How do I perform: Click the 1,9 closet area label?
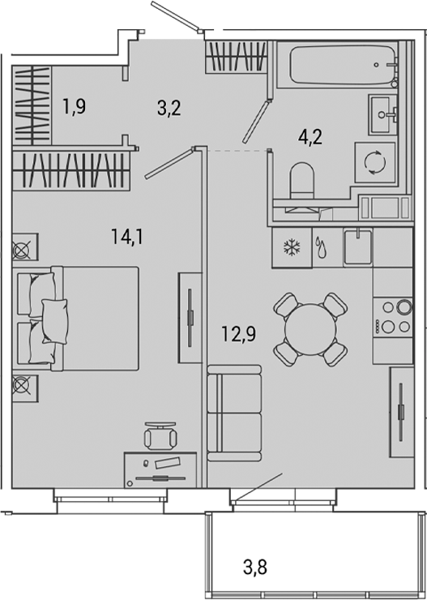click(x=74, y=106)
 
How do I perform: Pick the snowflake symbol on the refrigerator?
click(x=290, y=247)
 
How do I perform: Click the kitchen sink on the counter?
click(x=357, y=246)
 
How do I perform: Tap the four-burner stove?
click(x=395, y=317)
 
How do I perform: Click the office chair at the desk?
click(x=159, y=437)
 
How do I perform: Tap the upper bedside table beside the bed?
click(x=23, y=247)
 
